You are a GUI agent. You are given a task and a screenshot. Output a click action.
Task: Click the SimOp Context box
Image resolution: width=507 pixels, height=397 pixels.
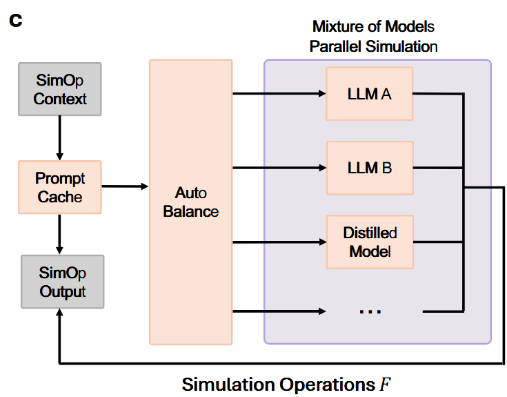[x=61, y=90]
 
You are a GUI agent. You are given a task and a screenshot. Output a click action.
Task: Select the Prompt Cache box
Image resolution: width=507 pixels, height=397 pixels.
[x=61, y=187]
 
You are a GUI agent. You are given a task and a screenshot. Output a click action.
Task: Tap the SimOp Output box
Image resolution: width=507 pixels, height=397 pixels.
[x=62, y=282]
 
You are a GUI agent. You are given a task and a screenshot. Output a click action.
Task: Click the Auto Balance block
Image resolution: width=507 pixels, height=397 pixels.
[x=191, y=202]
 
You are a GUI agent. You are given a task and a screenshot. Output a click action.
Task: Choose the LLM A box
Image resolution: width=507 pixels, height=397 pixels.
[x=369, y=93]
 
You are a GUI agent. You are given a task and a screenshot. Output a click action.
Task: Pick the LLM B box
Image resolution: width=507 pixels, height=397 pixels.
[x=369, y=167]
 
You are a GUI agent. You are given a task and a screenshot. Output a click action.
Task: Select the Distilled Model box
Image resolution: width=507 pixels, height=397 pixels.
[x=369, y=242]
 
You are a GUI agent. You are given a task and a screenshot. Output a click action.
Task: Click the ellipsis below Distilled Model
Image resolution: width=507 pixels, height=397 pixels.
[x=370, y=311]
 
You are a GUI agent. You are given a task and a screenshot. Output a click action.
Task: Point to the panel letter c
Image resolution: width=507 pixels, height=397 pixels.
[x=16, y=19]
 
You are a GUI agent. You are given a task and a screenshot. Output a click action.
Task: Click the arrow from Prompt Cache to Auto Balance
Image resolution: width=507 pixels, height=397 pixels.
[x=125, y=186]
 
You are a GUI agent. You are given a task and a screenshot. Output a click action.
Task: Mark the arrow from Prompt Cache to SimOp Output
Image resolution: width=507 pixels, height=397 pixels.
[x=61, y=233]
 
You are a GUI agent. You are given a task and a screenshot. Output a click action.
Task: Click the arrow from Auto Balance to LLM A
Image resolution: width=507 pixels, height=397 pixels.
[x=279, y=93]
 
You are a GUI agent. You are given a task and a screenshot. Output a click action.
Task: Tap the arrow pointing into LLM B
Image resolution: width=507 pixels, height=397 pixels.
[x=279, y=167]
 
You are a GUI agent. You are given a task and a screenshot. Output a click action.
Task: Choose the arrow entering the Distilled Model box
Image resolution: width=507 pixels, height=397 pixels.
[x=279, y=242]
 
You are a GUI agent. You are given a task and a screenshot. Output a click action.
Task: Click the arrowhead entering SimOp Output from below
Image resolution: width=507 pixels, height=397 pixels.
[x=61, y=315]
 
